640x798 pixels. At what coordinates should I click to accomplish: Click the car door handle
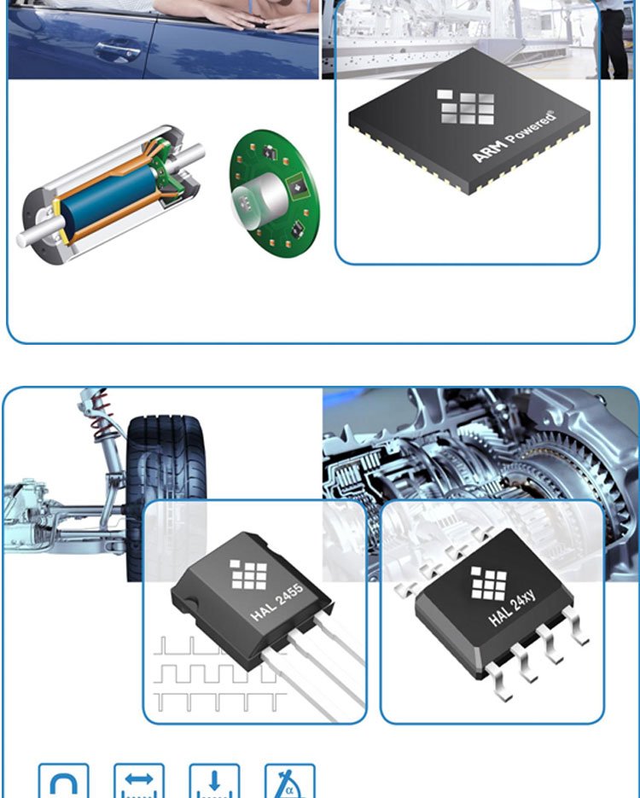pos(118,52)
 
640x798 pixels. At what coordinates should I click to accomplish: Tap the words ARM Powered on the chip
pos(514,137)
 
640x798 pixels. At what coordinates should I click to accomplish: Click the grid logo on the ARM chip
pos(466,107)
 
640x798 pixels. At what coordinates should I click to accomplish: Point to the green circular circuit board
pos(275,194)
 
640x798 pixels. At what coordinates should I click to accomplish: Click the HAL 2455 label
pos(277,602)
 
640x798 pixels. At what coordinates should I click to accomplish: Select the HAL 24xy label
pos(512,608)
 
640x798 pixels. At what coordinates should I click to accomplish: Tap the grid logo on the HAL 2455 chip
pos(248,574)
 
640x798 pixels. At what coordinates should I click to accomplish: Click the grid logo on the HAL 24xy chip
pos(489,583)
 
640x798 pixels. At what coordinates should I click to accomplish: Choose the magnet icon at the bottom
pos(64,782)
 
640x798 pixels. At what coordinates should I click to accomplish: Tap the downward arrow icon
pos(214,782)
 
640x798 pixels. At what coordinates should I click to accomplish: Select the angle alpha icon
pos(289,782)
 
